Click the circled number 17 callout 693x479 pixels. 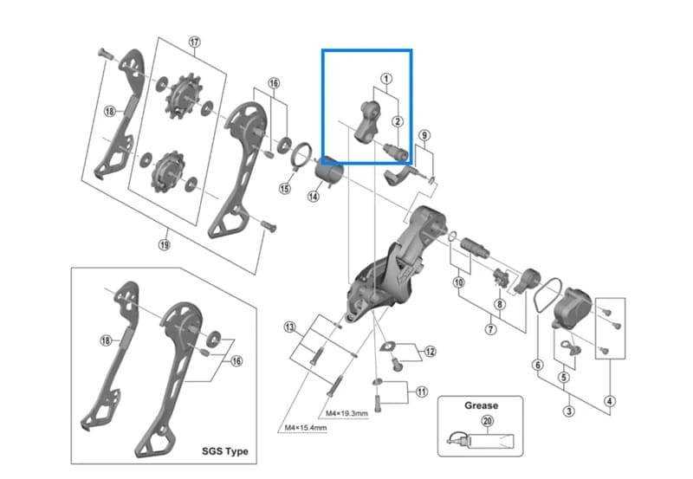pos(194,42)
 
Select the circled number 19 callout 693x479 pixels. pos(164,244)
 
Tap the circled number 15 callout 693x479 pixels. pos(285,189)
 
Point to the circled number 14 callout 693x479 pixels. pos(314,197)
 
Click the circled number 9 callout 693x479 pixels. pos(424,135)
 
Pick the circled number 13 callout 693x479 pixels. pos(290,327)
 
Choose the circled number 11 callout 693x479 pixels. pos(422,392)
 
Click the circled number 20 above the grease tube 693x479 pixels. pos(487,421)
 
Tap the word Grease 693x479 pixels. pos(481,405)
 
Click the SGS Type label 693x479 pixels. pos(225,451)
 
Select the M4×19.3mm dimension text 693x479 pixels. pos(348,412)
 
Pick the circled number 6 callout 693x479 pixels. pos(537,365)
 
